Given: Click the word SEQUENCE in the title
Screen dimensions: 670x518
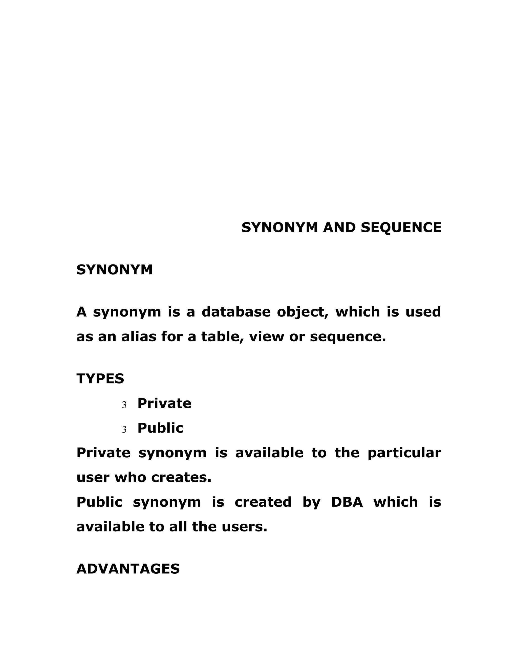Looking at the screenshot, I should coord(401,228).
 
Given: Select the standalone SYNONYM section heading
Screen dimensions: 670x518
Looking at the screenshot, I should coord(114,270).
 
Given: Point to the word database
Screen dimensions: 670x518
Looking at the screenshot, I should coord(236,312).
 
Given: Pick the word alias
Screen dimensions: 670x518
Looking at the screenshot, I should coord(138,337).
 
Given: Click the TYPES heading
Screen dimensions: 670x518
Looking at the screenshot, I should coord(100,378).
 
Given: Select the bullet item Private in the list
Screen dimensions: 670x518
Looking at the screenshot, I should coord(164,404).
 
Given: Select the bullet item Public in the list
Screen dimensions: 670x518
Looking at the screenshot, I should coord(160,428).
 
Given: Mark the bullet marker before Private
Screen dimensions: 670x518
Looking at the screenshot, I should coord(124,405).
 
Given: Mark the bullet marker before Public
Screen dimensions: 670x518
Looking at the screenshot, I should coord(124,430).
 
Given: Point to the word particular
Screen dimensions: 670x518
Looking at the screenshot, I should coord(404,453).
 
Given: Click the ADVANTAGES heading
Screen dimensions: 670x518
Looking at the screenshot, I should coord(128,569).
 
